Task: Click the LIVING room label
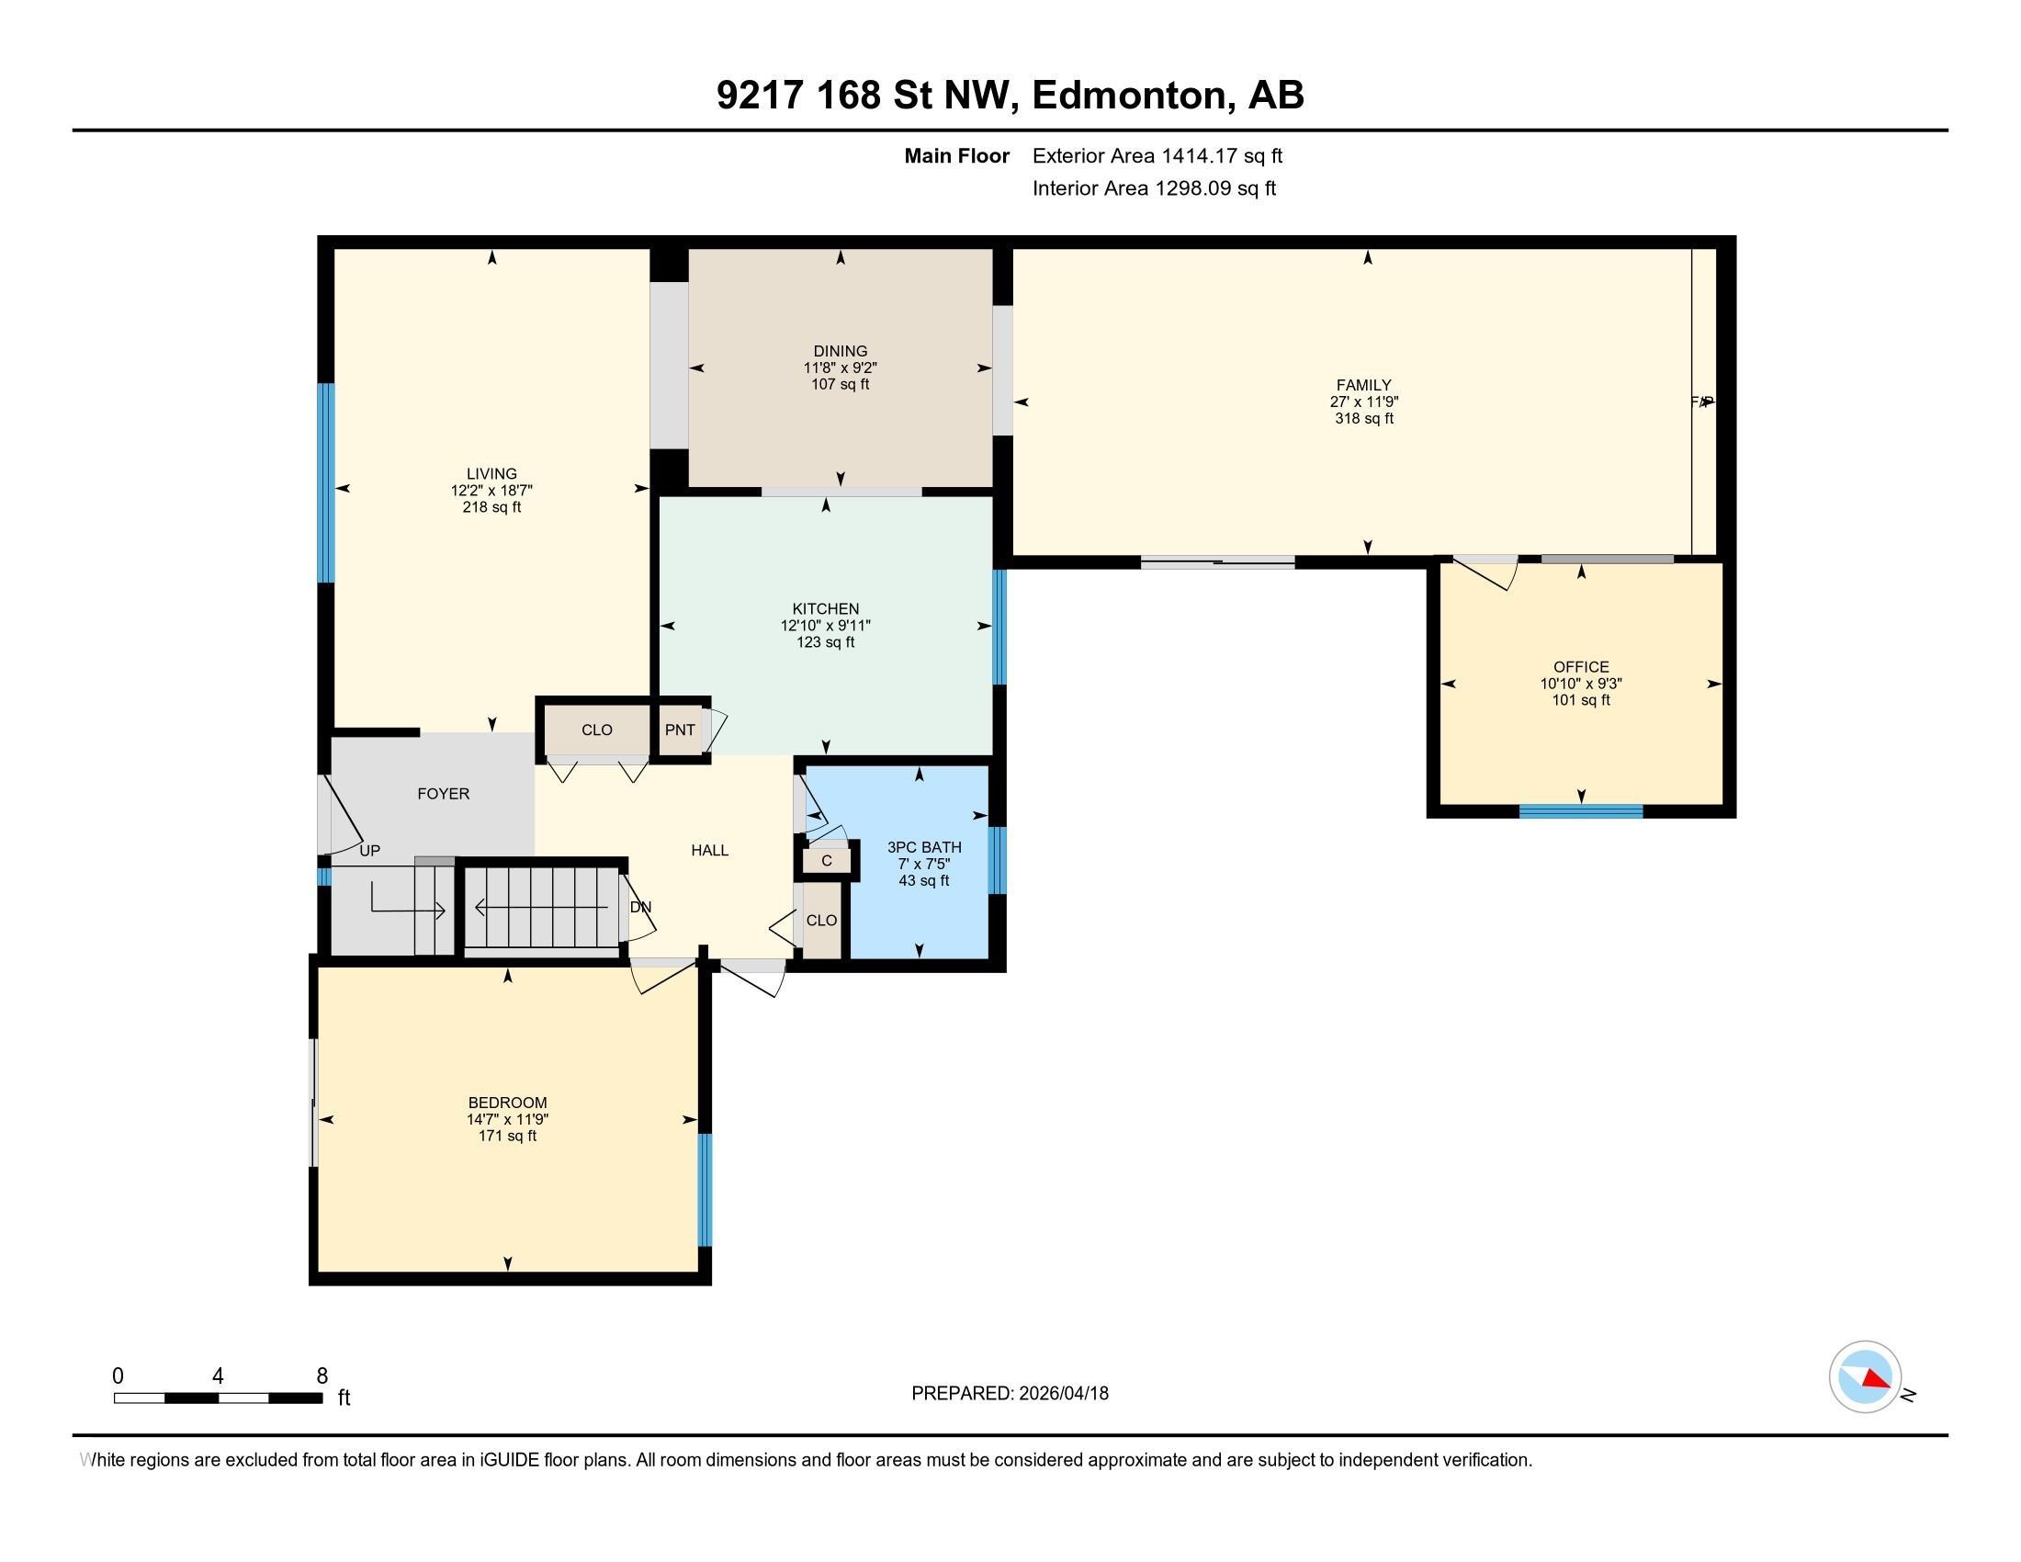tap(491, 474)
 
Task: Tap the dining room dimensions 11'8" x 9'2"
tap(841, 368)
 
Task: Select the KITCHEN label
tap(826, 609)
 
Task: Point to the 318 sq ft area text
tap(1364, 418)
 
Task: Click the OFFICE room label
tap(1581, 667)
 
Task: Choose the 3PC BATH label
tap(923, 847)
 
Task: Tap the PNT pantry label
tap(679, 730)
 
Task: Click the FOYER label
tap(444, 794)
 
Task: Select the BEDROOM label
tap(507, 1102)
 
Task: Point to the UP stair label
tap(369, 851)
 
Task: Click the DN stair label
tap(640, 907)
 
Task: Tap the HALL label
tap(710, 851)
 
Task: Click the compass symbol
tap(1865, 1377)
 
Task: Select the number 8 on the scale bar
tap(322, 1376)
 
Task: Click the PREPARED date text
tap(1010, 1394)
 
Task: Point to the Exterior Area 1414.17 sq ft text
tap(1157, 156)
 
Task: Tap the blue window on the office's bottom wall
tap(1581, 811)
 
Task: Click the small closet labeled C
tap(827, 861)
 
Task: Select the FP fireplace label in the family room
tap(1700, 402)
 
